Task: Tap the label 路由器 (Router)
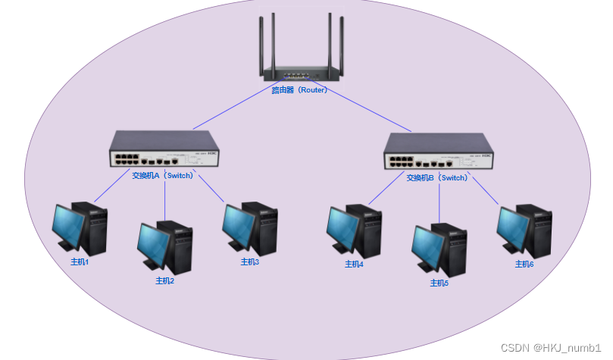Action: (x=299, y=89)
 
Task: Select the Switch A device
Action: (x=163, y=149)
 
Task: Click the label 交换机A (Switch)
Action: (x=163, y=175)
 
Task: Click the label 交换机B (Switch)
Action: (x=437, y=178)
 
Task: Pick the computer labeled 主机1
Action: (x=80, y=228)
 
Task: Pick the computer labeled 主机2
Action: (x=164, y=246)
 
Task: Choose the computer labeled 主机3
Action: (x=249, y=228)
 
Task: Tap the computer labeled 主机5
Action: (x=439, y=249)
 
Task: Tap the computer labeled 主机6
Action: (x=524, y=230)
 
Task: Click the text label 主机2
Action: (x=165, y=280)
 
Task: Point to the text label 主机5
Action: (x=439, y=283)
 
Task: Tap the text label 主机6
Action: (x=524, y=264)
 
